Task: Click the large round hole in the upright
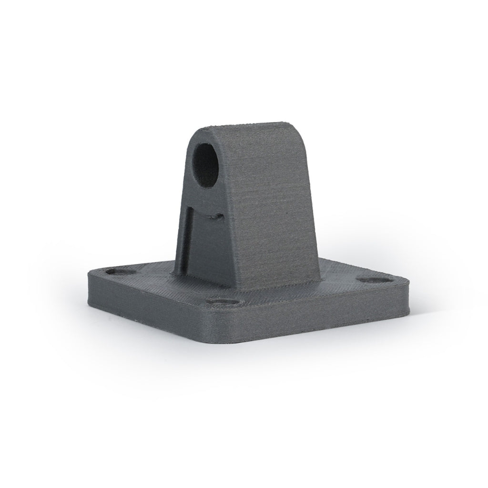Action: (206, 164)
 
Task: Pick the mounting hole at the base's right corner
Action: (373, 280)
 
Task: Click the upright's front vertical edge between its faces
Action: (232, 224)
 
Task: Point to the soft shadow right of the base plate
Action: (429, 310)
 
